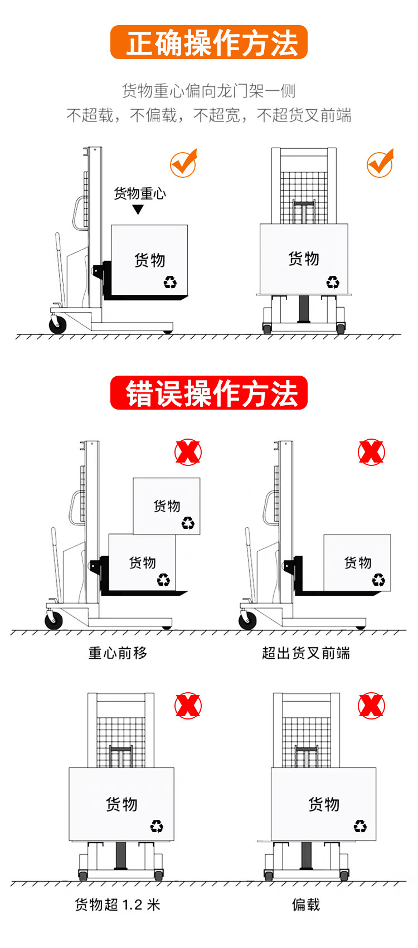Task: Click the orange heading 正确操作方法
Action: [x=209, y=42]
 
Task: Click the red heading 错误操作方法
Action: [x=209, y=393]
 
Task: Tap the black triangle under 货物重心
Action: [x=138, y=210]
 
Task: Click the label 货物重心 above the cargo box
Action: [x=140, y=193]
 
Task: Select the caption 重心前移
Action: [x=118, y=653]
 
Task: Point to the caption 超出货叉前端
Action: [x=306, y=653]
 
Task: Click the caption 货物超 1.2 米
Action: [x=118, y=905]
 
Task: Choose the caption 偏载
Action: [x=306, y=905]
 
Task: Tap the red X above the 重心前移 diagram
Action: [x=188, y=452]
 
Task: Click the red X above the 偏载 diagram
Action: [x=371, y=706]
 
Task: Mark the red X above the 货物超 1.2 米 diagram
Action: [x=188, y=706]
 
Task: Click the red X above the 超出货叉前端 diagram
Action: [x=371, y=452]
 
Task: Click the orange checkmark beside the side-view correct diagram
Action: [x=184, y=163]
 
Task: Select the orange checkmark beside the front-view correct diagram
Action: [x=381, y=163]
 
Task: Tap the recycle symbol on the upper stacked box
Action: [x=188, y=523]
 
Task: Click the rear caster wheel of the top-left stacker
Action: [x=57, y=324]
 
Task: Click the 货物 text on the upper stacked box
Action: [x=167, y=506]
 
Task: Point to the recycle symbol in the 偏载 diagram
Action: [x=360, y=825]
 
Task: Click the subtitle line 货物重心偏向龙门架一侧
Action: [x=209, y=90]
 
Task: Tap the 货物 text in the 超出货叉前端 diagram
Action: [x=358, y=562]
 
